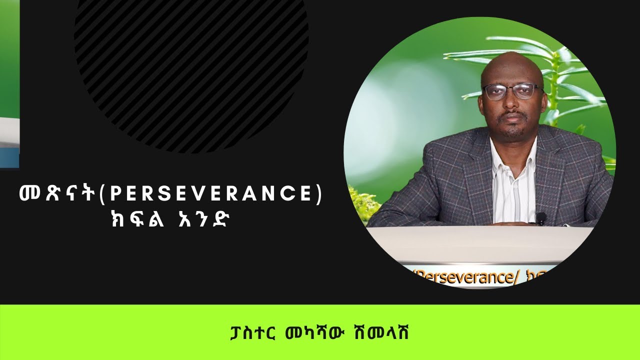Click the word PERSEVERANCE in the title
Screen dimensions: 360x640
coord(210,194)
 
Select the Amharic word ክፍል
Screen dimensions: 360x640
coord(128,220)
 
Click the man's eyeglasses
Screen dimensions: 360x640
coord(512,91)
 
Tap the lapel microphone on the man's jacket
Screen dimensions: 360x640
coord(540,218)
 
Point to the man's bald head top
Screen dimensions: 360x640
coord(511,62)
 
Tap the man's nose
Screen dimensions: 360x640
coord(513,102)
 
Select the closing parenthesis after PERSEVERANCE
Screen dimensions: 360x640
coord(318,194)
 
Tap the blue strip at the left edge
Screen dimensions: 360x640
coord(9,157)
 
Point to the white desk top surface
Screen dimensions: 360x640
coord(480,240)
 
